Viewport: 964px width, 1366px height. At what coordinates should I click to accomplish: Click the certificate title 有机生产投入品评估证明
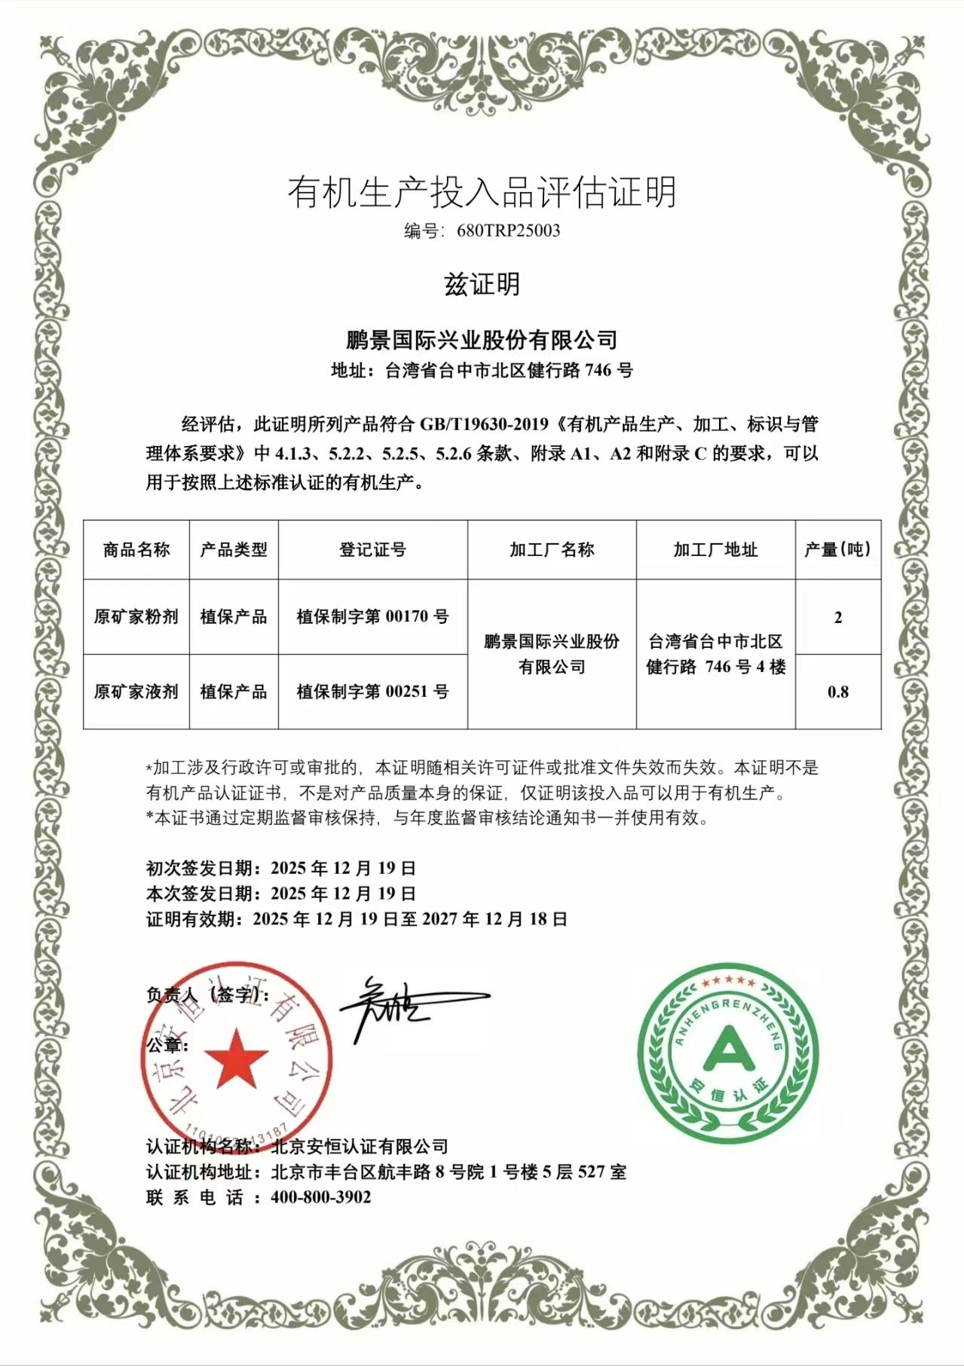point(482,192)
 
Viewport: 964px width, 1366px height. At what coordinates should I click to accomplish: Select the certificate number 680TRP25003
point(509,231)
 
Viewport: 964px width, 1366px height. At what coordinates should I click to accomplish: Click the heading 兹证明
point(482,284)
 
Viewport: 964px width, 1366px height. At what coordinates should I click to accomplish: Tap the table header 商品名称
point(136,550)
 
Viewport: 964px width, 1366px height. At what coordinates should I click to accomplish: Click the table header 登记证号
point(372,550)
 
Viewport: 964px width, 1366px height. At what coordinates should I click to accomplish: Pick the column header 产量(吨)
point(837,550)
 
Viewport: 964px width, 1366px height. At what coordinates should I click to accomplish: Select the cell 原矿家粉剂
point(136,617)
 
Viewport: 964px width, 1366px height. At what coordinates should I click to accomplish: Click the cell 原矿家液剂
point(136,692)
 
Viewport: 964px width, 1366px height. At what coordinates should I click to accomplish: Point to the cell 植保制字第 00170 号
point(372,617)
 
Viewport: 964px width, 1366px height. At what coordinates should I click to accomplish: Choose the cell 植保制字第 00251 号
point(372,692)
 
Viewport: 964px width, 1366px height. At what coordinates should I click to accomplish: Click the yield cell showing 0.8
point(837,692)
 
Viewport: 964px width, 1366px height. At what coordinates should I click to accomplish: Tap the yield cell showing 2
point(837,618)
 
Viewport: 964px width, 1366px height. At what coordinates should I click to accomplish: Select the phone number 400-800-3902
point(321,1197)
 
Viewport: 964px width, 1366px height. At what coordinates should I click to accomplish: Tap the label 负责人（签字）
point(207,995)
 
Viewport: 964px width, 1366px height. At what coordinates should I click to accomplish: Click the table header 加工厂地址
point(715,550)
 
